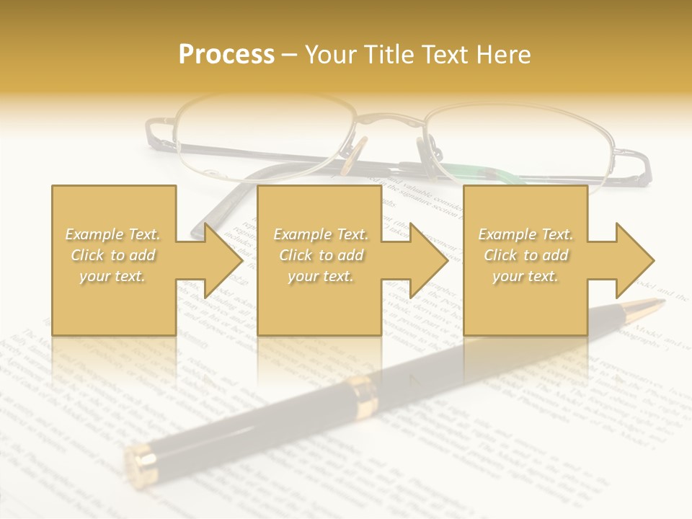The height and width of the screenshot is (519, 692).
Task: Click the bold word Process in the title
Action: tap(226, 55)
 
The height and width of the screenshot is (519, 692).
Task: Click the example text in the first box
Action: tap(113, 255)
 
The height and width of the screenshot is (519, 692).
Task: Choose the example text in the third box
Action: tap(525, 255)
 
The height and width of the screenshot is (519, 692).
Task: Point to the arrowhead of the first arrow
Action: tap(223, 260)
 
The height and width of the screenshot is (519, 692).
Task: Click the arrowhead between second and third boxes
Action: tap(429, 260)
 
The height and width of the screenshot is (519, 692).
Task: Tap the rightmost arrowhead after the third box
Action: tap(634, 260)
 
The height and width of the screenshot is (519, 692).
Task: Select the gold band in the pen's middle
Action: tap(365, 396)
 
